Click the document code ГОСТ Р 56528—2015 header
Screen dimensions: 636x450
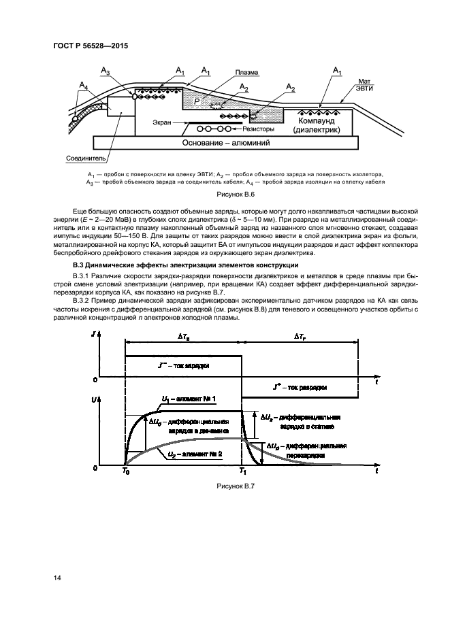point(91,47)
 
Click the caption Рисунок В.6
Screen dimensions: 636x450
point(235,194)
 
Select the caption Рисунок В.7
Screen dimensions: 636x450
point(235,486)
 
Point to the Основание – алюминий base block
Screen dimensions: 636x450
point(227,144)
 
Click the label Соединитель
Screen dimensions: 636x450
point(84,157)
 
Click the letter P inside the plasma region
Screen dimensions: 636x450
point(197,101)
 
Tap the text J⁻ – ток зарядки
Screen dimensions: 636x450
point(184,366)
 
